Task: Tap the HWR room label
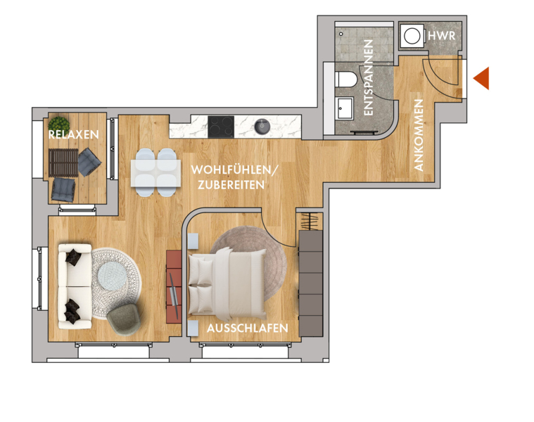click(x=441, y=36)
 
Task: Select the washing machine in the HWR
click(x=412, y=36)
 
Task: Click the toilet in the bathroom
click(x=346, y=79)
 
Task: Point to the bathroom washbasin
click(x=344, y=108)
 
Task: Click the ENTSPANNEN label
click(x=368, y=77)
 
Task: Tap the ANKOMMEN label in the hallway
click(x=419, y=135)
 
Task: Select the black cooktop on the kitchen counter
click(x=221, y=127)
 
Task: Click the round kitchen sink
click(x=262, y=127)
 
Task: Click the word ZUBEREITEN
click(x=231, y=185)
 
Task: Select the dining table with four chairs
click(x=156, y=173)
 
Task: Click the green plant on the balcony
click(x=59, y=124)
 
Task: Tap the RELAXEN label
click(x=74, y=134)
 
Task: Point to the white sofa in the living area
click(x=75, y=286)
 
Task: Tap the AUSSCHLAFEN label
click(x=248, y=328)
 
